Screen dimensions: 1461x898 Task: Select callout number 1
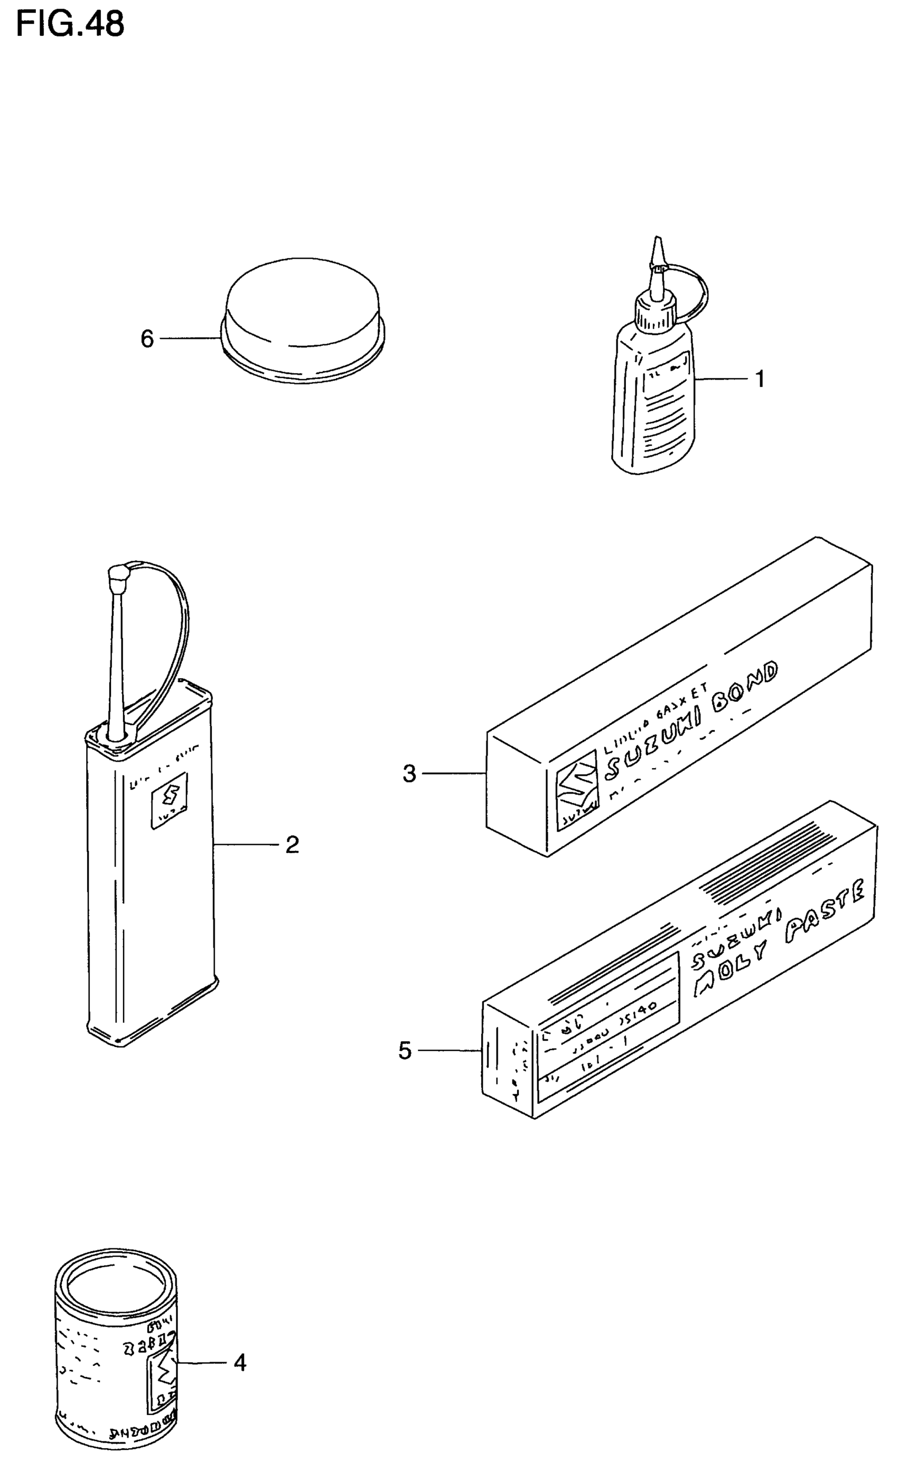click(760, 378)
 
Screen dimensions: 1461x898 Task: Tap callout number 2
click(292, 844)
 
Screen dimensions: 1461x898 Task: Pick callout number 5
click(405, 1051)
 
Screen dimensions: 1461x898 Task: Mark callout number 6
click(147, 339)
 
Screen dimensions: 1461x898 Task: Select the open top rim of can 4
click(116, 1280)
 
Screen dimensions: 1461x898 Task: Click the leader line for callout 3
click(454, 773)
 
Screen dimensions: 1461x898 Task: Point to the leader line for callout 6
click(190, 339)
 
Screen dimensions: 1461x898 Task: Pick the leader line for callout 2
click(247, 844)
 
